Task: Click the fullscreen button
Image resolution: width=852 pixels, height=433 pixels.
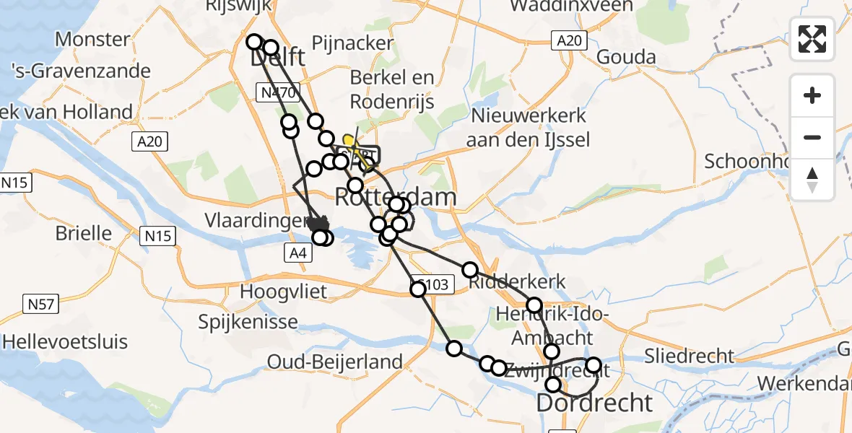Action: (x=812, y=39)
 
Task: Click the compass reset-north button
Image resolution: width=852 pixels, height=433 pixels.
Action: (x=812, y=180)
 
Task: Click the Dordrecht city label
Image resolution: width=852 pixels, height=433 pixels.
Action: (x=594, y=403)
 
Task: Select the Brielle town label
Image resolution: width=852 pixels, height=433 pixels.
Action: (x=85, y=234)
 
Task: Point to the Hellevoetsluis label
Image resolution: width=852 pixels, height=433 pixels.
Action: (x=65, y=341)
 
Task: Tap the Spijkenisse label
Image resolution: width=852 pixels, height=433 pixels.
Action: (x=248, y=322)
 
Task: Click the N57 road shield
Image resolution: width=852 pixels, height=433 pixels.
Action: (x=40, y=305)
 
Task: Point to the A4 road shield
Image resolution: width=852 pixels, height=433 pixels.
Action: (x=297, y=253)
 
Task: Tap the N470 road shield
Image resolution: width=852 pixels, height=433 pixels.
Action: (x=278, y=92)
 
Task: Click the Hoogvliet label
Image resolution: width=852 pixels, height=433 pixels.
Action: (x=284, y=292)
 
